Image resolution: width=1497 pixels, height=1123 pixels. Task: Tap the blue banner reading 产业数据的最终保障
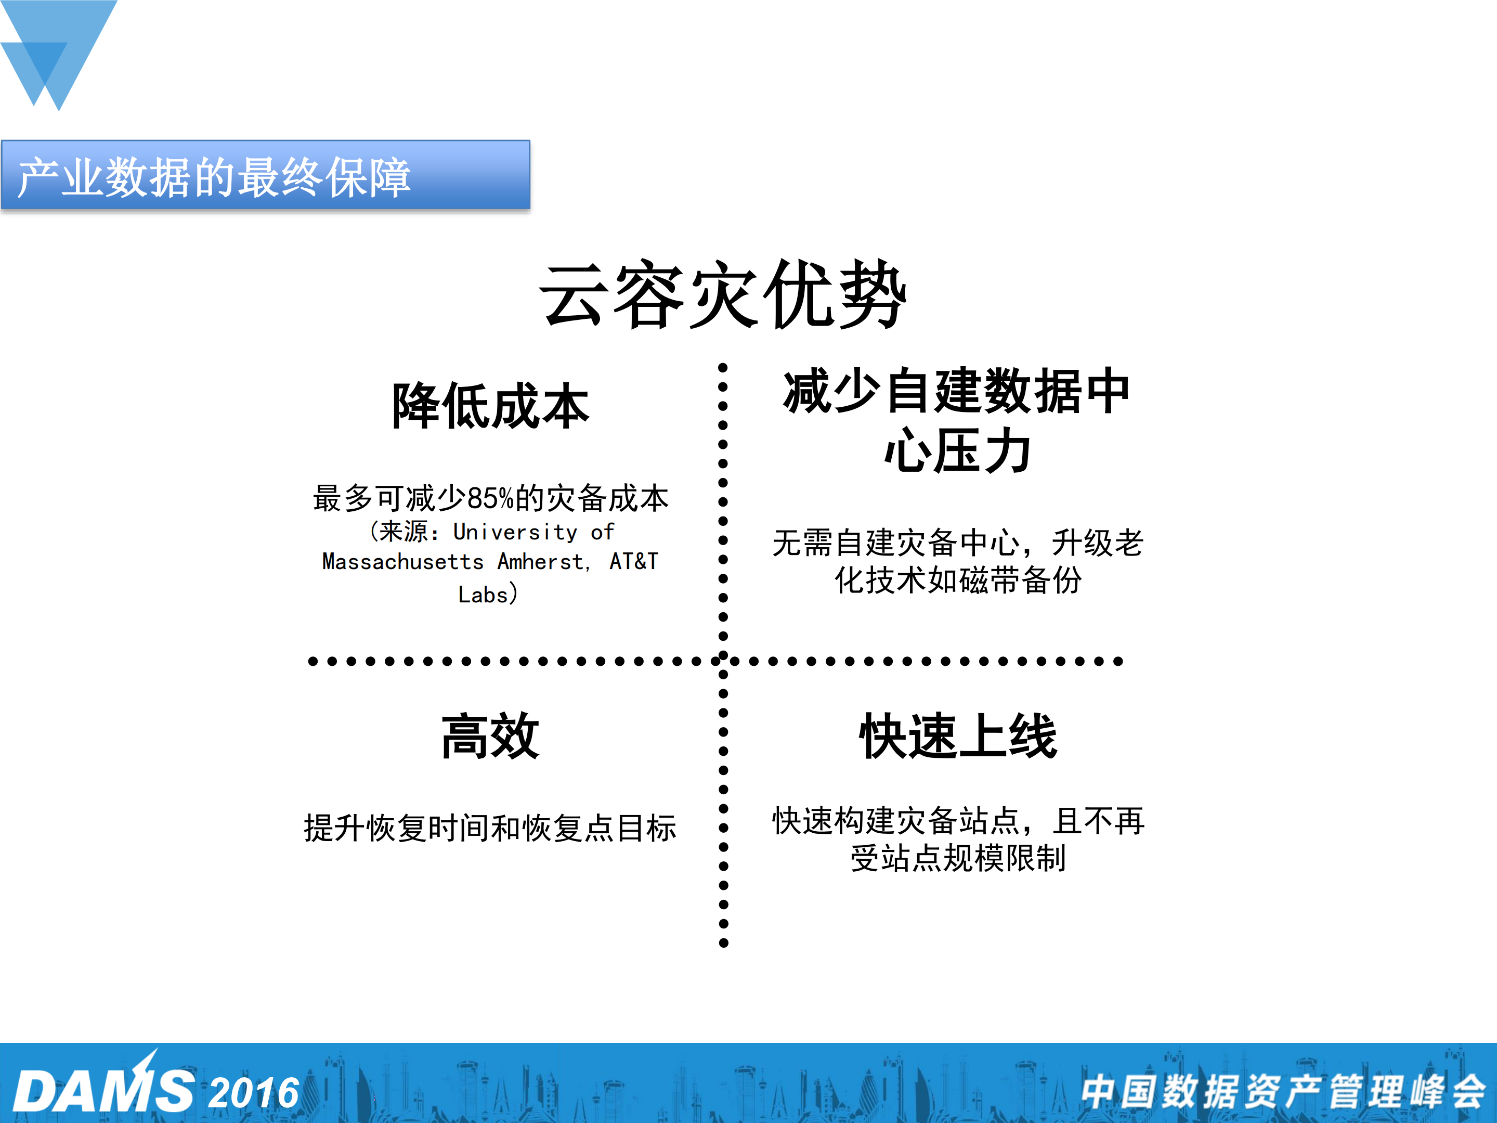coord(265,175)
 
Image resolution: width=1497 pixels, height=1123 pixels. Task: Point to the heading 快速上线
coord(958,737)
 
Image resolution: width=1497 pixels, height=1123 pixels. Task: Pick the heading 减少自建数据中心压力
coord(956,421)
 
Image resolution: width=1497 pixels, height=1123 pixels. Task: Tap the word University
coord(515,532)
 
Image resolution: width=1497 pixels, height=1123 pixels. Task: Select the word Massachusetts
coord(402,562)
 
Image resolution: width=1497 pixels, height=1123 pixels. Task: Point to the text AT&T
coord(633,562)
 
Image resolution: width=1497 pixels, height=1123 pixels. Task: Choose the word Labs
coord(483,595)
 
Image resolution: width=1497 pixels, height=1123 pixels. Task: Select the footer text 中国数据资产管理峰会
coord(1282,1091)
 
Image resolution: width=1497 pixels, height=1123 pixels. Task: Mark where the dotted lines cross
coord(723,661)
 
